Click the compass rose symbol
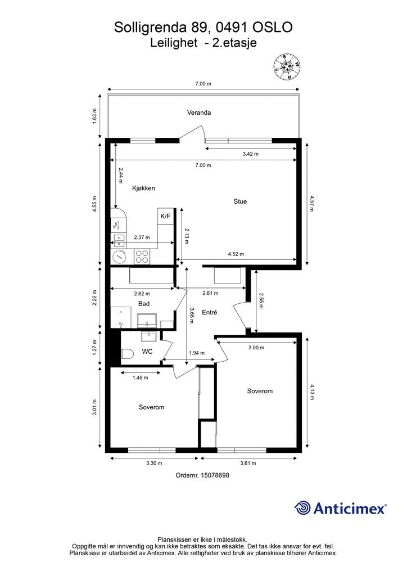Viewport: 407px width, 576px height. (x=287, y=67)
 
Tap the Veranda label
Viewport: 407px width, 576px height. (x=199, y=112)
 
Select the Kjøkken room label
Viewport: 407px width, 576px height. (x=143, y=188)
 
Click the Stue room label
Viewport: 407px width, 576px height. (x=240, y=201)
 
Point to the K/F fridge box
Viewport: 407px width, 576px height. (x=165, y=216)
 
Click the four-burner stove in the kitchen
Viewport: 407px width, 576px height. (x=142, y=256)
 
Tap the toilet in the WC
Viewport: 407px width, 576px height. (x=126, y=354)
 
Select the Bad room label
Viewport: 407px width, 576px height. (x=144, y=304)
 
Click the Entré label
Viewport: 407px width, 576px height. (x=210, y=312)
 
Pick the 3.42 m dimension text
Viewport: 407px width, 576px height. (x=250, y=154)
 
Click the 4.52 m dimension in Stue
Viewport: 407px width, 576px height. (x=236, y=254)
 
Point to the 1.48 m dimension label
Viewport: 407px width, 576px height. (x=141, y=377)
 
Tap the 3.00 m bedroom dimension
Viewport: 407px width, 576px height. (x=256, y=348)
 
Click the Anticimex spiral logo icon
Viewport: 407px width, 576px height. (x=303, y=508)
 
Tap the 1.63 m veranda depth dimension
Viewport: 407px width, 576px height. (x=94, y=116)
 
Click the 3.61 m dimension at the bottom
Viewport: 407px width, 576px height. (x=248, y=463)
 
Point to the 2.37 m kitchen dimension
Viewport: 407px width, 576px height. (x=142, y=237)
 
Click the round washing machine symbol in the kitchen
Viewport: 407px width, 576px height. (x=119, y=256)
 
